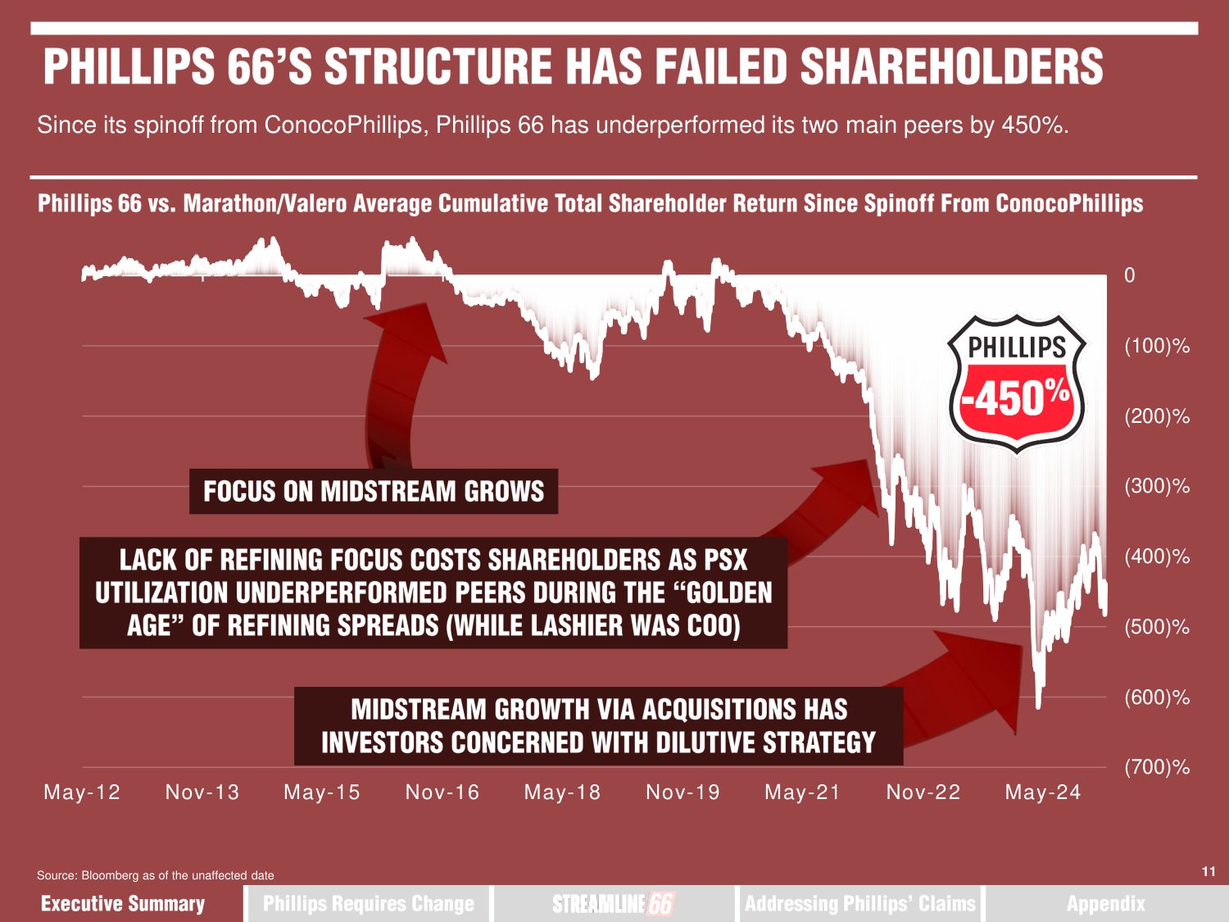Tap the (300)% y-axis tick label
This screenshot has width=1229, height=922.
coord(1156,486)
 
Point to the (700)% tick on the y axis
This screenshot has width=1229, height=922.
coord(1156,768)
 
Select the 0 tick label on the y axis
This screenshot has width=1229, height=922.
coord(1129,275)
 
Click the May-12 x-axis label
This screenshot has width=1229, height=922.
coord(82,793)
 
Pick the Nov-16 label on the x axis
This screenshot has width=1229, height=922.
coord(442,793)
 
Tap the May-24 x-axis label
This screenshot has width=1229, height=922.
coord(1043,793)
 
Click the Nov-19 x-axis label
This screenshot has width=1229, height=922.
coord(683,793)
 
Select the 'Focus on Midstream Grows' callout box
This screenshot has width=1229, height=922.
coord(374,492)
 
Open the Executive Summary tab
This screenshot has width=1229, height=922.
coord(123,903)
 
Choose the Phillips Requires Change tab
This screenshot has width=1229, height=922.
coord(369,903)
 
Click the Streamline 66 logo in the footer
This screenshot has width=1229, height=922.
coord(613,903)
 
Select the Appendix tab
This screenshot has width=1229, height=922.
coord(1105,903)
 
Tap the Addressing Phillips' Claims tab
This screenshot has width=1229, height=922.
coord(860,903)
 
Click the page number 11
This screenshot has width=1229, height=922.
coord(1209,871)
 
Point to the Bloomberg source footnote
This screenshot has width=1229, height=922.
coord(156,875)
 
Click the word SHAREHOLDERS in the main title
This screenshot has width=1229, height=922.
coord(951,67)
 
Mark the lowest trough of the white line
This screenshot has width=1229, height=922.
coord(1038,705)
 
